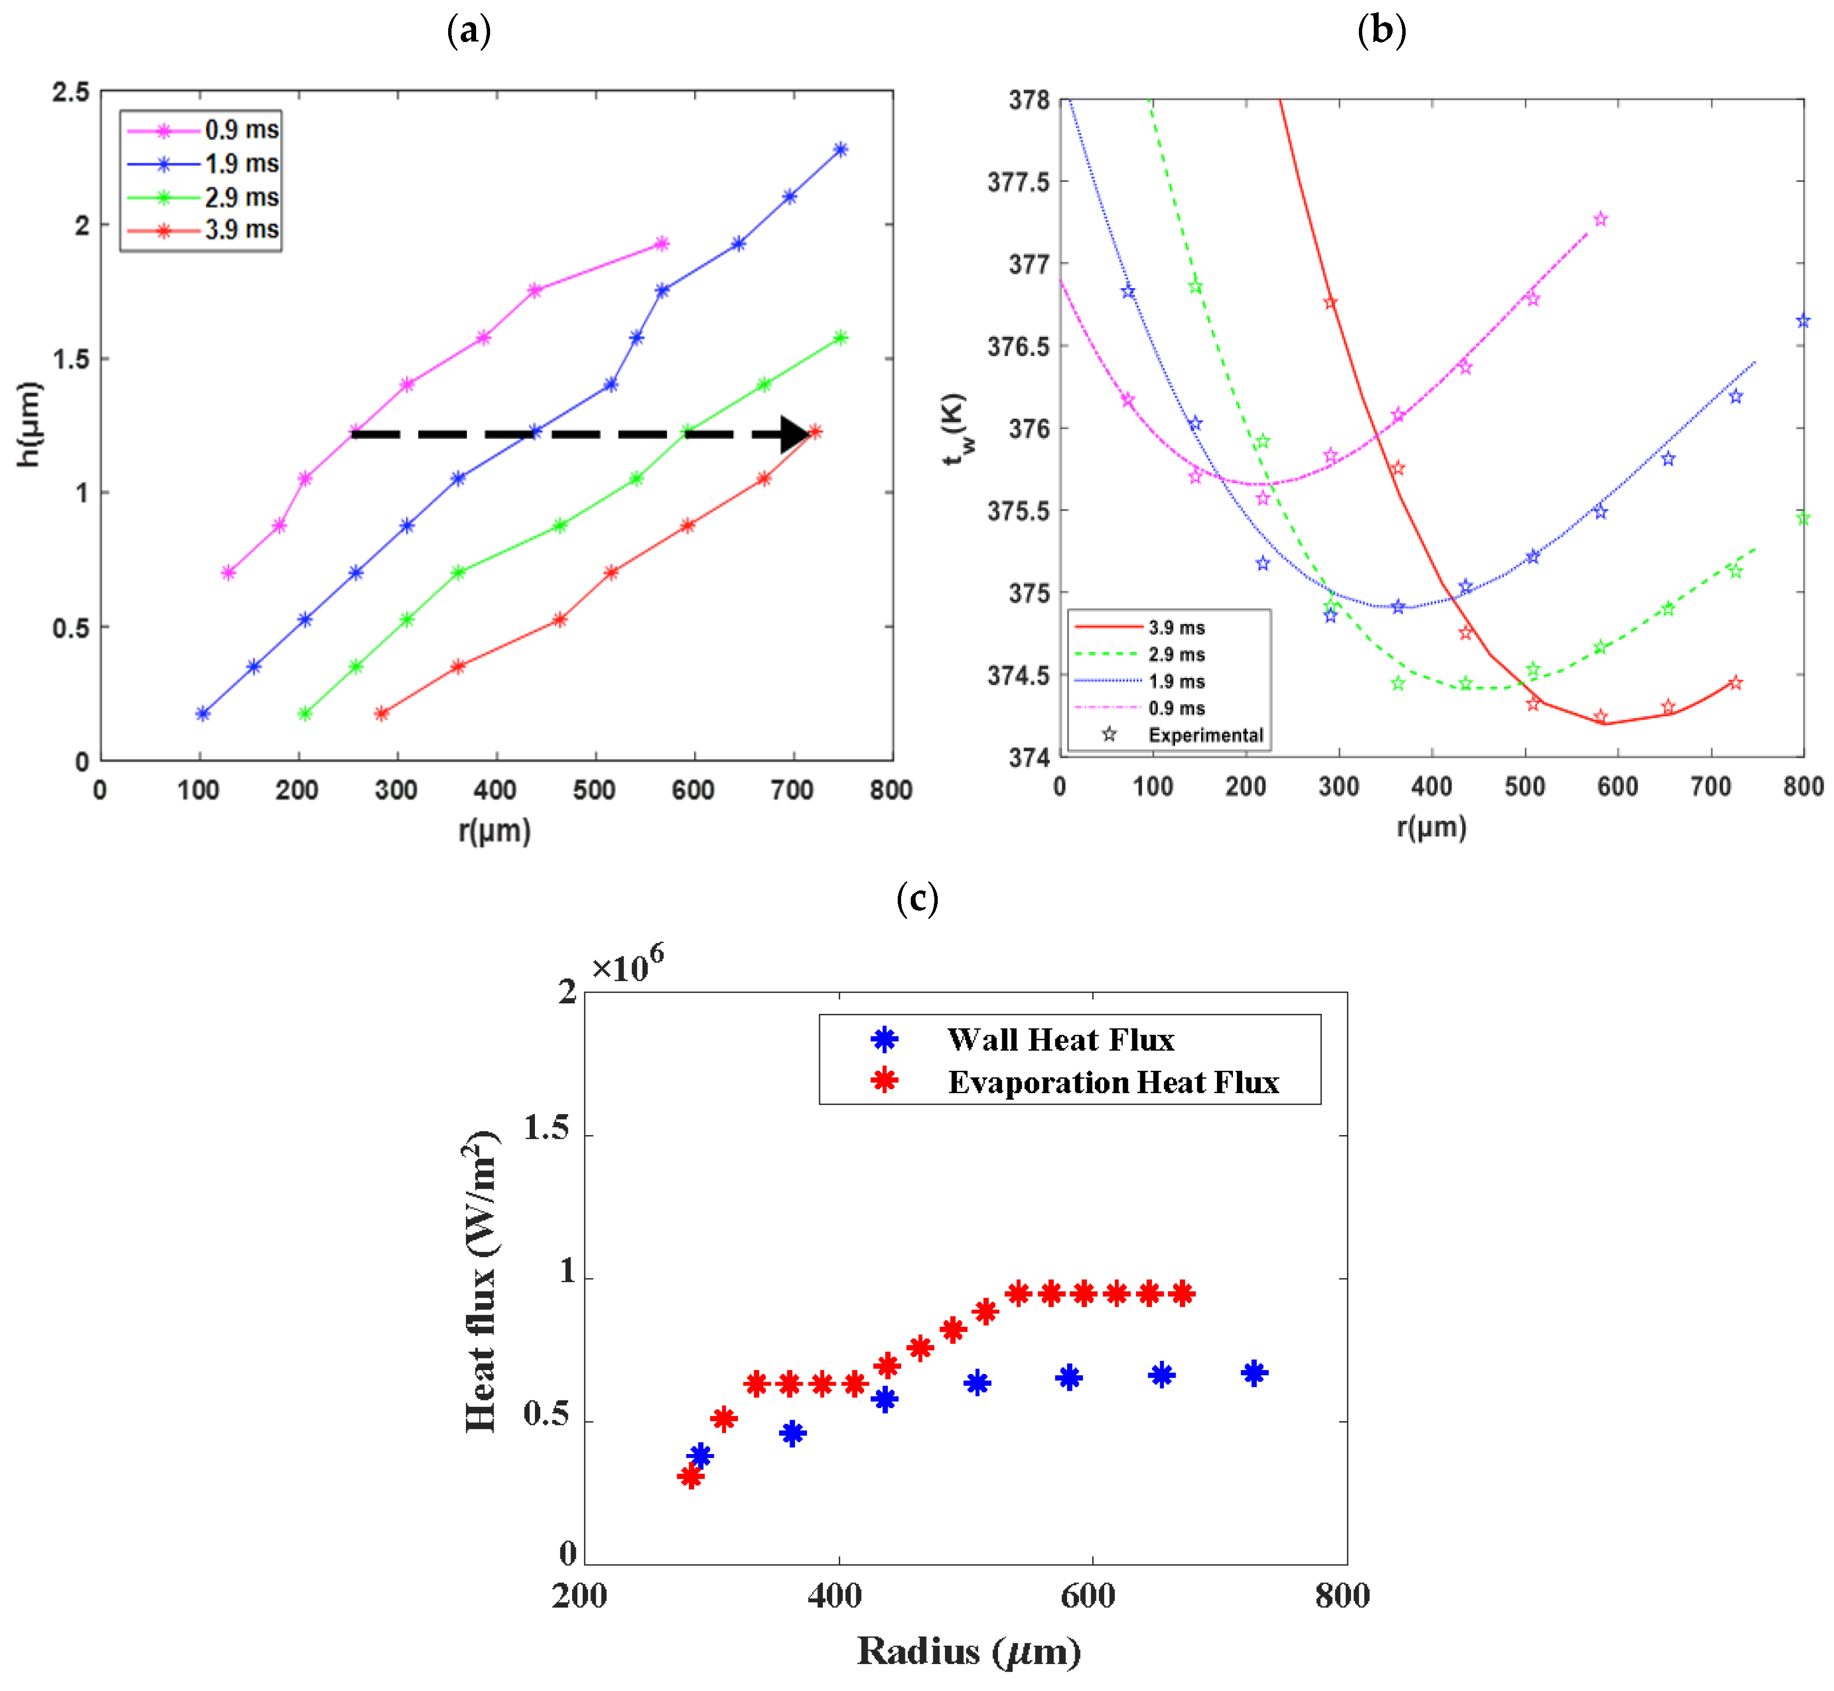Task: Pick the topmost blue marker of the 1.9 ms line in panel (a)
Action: pyautogui.click(x=840, y=149)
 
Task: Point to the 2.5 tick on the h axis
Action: pyautogui.click(x=71, y=93)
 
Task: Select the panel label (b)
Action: pyautogui.click(x=1381, y=30)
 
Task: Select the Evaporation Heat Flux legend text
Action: pyautogui.click(x=1112, y=1082)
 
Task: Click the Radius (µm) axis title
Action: pyautogui.click(x=968, y=1651)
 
